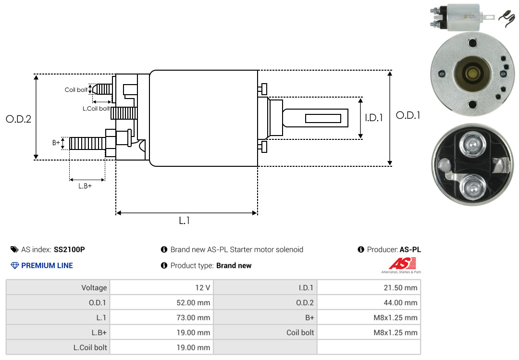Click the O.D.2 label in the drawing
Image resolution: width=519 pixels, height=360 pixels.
tap(19, 119)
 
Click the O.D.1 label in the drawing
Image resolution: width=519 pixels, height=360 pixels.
tap(408, 115)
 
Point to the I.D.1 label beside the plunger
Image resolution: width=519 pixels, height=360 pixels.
tap(374, 118)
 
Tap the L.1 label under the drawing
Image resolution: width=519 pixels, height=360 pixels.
tap(185, 221)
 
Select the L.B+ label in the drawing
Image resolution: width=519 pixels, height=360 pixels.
tap(85, 186)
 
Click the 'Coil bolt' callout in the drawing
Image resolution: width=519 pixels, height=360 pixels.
tap(76, 90)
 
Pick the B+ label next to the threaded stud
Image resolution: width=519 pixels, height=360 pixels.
tap(56, 143)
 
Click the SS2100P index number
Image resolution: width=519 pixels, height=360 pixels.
tap(69, 249)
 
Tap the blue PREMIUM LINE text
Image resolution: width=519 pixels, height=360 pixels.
tap(47, 266)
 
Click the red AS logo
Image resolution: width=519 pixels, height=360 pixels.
tap(403, 263)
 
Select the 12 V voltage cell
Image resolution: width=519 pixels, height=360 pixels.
tap(161, 287)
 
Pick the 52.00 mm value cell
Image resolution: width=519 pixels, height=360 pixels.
tap(161, 302)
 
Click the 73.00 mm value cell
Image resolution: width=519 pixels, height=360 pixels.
tap(161, 317)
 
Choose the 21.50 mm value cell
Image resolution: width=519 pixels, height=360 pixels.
tap(369, 287)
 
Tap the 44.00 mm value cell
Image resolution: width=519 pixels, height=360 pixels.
tap(369, 302)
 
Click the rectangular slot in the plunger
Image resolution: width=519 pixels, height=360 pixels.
tap(323, 118)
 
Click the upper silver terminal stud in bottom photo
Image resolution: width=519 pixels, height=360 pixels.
tap(472, 145)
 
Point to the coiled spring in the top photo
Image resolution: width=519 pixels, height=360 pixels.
tap(507, 19)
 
